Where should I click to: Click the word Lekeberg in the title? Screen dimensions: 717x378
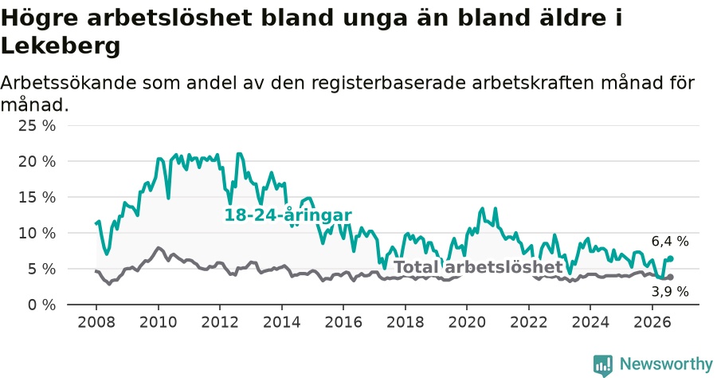tap(61, 46)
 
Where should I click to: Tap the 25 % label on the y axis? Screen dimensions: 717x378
tap(37, 125)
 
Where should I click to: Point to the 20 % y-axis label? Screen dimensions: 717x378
tap(37, 162)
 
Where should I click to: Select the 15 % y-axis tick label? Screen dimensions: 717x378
tap(37, 197)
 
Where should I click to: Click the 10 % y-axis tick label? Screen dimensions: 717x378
tap(37, 234)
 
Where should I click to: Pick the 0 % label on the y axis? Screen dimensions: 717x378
tap(41, 305)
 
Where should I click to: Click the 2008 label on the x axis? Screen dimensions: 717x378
tap(96, 322)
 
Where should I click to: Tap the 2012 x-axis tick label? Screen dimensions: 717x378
tap(220, 322)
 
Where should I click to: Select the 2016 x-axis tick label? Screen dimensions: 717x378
tap(343, 322)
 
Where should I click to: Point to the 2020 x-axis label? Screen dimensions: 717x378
tap(467, 322)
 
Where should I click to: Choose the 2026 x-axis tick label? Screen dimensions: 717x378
tap(652, 322)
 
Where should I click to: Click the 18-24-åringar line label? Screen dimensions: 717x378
tap(288, 215)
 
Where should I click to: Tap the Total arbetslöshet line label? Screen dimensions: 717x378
tap(478, 267)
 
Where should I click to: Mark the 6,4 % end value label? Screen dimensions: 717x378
tap(670, 241)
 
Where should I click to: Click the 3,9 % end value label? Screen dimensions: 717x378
tap(670, 292)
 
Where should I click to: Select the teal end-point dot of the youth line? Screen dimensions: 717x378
tap(670, 258)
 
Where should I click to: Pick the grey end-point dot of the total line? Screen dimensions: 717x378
tap(670, 277)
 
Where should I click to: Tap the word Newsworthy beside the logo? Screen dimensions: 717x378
tap(666, 364)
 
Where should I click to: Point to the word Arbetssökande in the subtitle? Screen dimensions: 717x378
tap(69, 83)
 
